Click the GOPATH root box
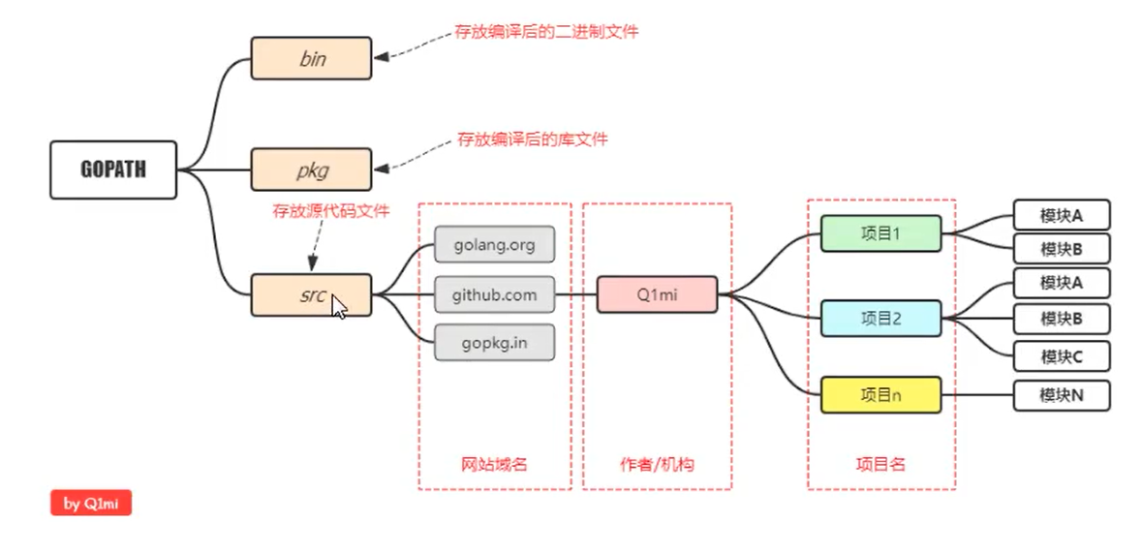pyautogui.click(x=113, y=170)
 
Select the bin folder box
pyautogui.click(x=311, y=58)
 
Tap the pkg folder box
pyautogui.click(x=311, y=169)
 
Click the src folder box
pyautogui.click(x=311, y=294)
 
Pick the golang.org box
pyautogui.click(x=494, y=244)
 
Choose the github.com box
pyautogui.click(x=494, y=294)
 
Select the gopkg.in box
pyautogui.click(x=494, y=343)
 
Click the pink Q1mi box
pyautogui.click(x=657, y=294)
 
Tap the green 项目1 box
pyautogui.click(x=880, y=233)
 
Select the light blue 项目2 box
pyautogui.click(x=880, y=318)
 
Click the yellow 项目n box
pyautogui.click(x=880, y=395)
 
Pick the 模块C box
pyautogui.click(x=1061, y=356)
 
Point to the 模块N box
pyautogui.click(x=1061, y=395)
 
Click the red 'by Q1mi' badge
pyautogui.click(x=91, y=504)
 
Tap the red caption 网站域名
pyautogui.click(x=494, y=464)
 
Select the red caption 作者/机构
pyautogui.click(x=657, y=464)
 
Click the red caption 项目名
pyautogui.click(x=880, y=464)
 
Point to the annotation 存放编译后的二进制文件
pyautogui.click(x=546, y=32)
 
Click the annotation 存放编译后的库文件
pyautogui.click(x=533, y=139)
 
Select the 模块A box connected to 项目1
pyautogui.click(x=1061, y=214)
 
